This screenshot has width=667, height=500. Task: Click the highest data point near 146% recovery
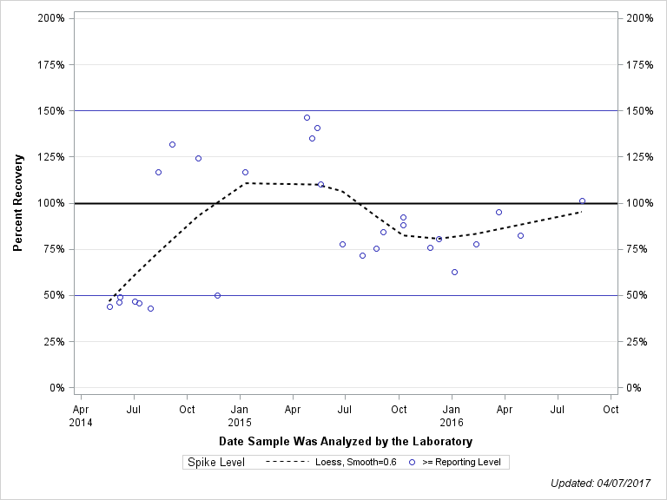tap(307, 117)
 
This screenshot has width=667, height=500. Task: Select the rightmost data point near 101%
tap(582, 201)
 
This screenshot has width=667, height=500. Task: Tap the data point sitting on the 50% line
tap(217, 295)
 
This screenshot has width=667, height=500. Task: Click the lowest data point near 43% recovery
tap(150, 308)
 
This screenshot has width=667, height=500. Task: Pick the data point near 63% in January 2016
tap(454, 272)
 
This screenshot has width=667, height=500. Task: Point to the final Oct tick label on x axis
tap(611, 408)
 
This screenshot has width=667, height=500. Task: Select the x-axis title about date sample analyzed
tap(346, 442)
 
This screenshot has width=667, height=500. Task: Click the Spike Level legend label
tap(216, 463)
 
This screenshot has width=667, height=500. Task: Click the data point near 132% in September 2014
tap(172, 144)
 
